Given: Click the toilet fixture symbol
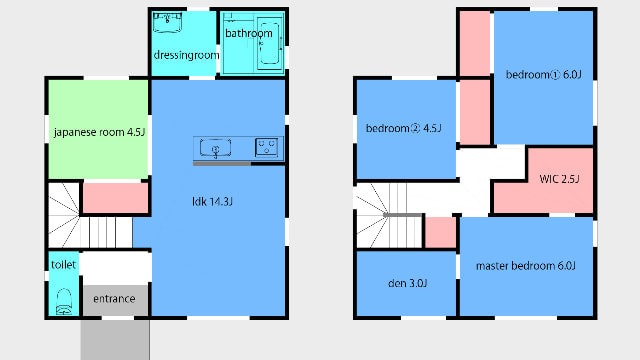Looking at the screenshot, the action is (64, 302).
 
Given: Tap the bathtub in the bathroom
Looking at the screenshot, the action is (269, 43).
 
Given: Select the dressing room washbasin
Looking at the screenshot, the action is (167, 22).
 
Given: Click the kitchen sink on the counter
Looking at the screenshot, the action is (216, 148).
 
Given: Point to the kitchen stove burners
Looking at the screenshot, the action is (267, 147).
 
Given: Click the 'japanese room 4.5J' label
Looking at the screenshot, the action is (99, 132).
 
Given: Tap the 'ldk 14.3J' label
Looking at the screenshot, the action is (212, 201).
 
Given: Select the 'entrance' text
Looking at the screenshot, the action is (114, 299).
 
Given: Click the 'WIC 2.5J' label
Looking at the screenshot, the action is (559, 179).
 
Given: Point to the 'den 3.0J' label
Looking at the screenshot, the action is (407, 283).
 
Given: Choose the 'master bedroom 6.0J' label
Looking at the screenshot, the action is (526, 266).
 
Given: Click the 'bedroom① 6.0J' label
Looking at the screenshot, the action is (544, 75).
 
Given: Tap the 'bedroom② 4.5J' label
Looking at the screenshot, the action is (404, 129).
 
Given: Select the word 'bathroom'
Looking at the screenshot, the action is (249, 33).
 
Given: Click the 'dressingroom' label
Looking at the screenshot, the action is (187, 55).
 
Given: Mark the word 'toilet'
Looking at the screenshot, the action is (64, 265).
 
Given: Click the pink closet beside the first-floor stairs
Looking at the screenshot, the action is (116, 198).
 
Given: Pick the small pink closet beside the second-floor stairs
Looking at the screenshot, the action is (440, 232).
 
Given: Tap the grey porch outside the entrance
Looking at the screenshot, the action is (115, 340).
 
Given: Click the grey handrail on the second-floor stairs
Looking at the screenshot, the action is (402, 215).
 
